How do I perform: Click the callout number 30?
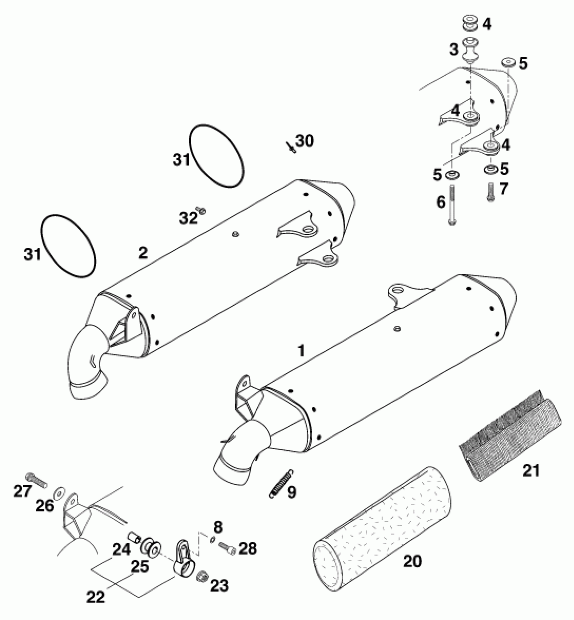[x=305, y=141]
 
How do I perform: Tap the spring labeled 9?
[x=282, y=483]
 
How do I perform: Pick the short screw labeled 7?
[x=491, y=192]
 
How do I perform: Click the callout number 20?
[x=412, y=562]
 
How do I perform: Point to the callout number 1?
[x=301, y=351]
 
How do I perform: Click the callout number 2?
[x=143, y=252]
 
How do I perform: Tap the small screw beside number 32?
[x=202, y=211]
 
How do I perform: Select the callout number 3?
[x=454, y=50]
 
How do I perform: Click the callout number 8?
[x=218, y=527]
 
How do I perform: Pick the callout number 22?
[x=96, y=597]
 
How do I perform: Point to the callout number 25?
[x=140, y=567]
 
